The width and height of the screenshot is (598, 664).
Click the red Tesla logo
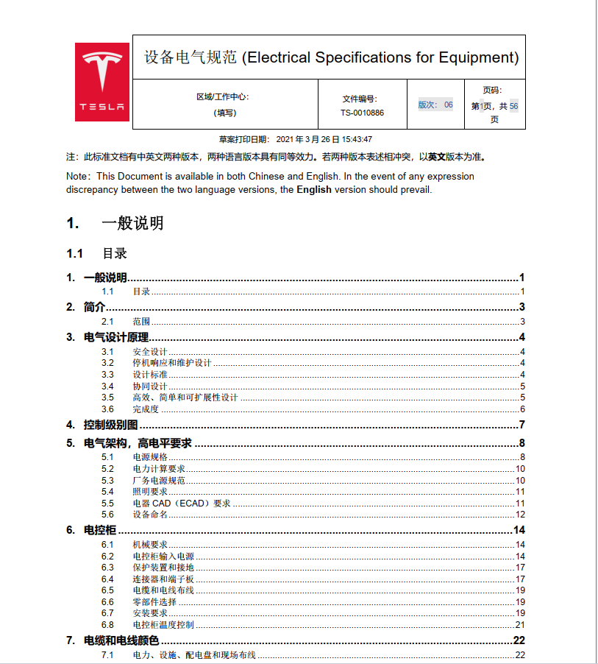tap(102, 82)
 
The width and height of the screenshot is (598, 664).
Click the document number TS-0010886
tap(362, 113)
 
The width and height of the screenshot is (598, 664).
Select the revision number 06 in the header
tap(448, 105)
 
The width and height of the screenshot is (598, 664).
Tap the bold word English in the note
tap(314, 189)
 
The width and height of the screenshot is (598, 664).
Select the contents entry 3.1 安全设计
tap(150, 351)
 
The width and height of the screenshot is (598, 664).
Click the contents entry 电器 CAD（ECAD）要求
tap(182, 504)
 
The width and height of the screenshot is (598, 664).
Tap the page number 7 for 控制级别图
tap(521, 425)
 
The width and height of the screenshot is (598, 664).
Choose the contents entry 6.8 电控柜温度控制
tap(163, 625)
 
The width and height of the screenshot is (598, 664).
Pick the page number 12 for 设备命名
tap(519, 515)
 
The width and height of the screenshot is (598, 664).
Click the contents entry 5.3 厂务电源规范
tap(159, 481)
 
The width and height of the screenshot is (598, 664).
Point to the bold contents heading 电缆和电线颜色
tap(121, 640)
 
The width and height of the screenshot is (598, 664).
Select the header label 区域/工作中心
tap(223, 97)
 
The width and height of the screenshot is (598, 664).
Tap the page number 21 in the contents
tap(519, 625)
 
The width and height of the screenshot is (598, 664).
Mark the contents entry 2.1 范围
tap(141, 322)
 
